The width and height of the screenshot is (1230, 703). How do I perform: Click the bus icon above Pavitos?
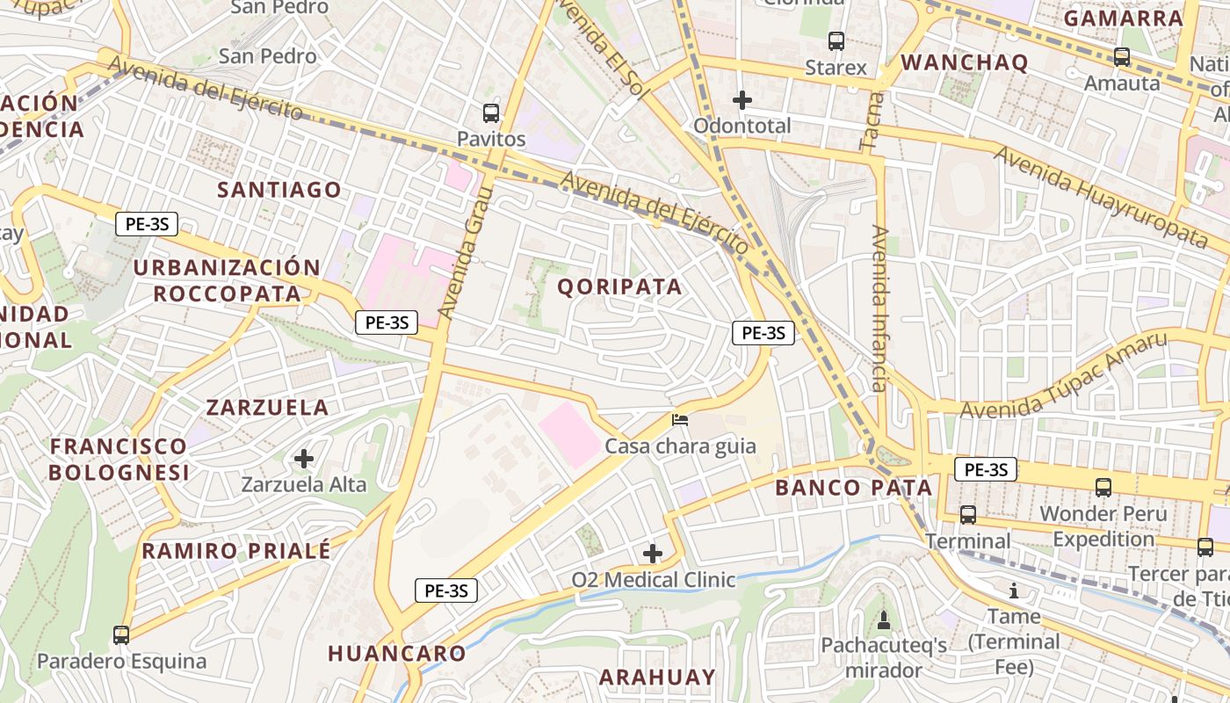coord(491,113)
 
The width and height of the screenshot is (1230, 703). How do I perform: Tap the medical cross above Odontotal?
coord(742,100)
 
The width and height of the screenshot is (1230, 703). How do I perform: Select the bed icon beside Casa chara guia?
coord(680,420)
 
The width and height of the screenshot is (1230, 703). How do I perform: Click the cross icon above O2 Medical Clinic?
coord(653,554)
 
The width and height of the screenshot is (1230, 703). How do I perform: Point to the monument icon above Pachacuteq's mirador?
coord(884,620)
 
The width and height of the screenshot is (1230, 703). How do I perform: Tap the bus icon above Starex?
coord(836,41)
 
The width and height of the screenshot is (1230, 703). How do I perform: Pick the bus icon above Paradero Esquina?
coord(121,634)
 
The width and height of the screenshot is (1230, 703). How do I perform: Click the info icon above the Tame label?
coord(1014,591)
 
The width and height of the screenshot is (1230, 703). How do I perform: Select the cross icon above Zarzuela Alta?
coord(304,459)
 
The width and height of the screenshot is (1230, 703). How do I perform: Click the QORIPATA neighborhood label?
coord(620,286)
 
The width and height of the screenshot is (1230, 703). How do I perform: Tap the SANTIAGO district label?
coord(279,190)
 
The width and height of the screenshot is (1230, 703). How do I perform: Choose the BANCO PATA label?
coord(853,488)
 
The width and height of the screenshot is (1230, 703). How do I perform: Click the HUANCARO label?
coord(397,653)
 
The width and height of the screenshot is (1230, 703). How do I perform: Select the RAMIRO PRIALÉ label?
coord(236,551)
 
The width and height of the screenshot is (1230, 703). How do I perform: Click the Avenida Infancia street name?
coord(879,308)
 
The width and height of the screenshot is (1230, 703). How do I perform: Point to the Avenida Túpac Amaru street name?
coord(1064,375)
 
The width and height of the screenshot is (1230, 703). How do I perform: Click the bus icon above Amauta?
coord(1122,57)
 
